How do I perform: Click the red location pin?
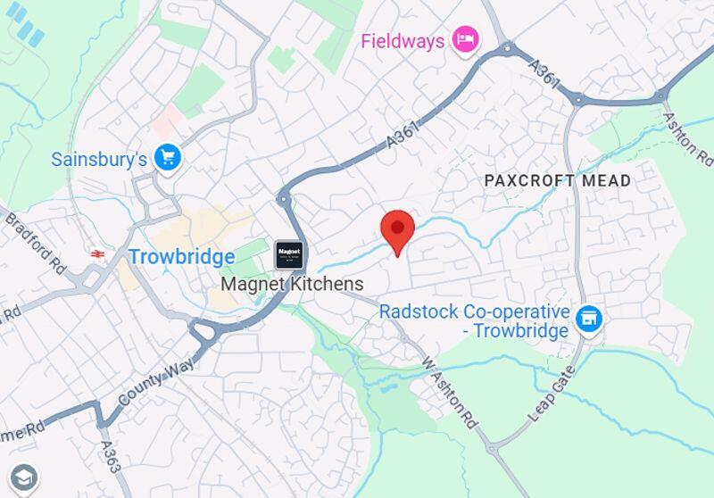coord(397,231)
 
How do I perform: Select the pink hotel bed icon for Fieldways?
coord(465,38)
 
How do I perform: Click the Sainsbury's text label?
coord(98,160)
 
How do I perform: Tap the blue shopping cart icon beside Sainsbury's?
coord(167,158)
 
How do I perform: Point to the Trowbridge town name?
coord(181,257)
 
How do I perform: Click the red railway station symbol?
coord(97,254)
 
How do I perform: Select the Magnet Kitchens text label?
coord(292,284)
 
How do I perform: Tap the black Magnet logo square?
coord(288,254)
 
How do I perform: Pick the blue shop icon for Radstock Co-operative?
coord(588,318)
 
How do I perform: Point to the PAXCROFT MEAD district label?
coord(557,180)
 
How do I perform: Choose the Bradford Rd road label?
coord(33,241)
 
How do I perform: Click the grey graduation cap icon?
coord(24,477)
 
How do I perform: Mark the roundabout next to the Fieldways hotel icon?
coord(507,47)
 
